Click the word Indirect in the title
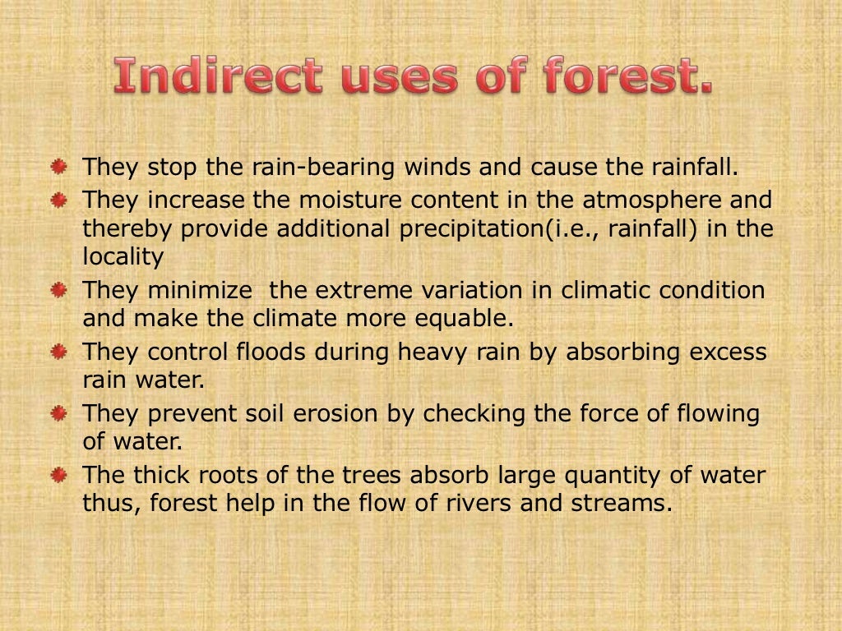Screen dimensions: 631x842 point(218,76)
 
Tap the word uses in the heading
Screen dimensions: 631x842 point(391,76)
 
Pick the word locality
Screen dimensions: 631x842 point(123,257)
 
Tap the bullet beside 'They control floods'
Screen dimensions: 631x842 point(59,352)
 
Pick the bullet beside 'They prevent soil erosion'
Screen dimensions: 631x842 point(59,413)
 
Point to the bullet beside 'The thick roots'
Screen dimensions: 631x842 point(59,475)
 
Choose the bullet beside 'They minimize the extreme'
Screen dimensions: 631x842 point(59,290)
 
